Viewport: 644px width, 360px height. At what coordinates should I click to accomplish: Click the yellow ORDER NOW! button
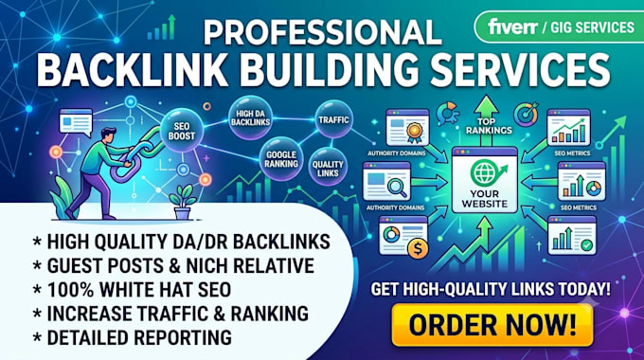pos(492,325)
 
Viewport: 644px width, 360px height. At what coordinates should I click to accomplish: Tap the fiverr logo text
pos(513,27)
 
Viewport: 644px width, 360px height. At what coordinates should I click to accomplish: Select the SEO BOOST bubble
pos(182,131)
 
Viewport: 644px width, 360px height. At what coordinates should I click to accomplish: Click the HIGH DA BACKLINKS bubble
pos(250,117)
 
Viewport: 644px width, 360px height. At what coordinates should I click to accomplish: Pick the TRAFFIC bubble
pos(333,119)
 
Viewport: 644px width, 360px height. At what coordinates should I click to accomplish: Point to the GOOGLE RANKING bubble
pos(281,159)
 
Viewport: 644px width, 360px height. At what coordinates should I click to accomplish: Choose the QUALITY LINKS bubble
pos(328,168)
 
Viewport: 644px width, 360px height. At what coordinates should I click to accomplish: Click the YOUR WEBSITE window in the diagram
pos(485,180)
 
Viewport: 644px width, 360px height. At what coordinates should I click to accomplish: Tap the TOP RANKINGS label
pos(489,126)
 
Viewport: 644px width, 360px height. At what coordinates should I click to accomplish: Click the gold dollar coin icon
pos(418,248)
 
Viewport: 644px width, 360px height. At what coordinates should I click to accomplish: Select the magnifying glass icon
pos(397,188)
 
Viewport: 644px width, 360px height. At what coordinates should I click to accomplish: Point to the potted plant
pos(183,202)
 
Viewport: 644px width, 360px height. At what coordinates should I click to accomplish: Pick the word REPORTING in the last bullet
pos(183,337)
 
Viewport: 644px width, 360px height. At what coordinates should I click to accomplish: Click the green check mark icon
pos(587,245)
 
